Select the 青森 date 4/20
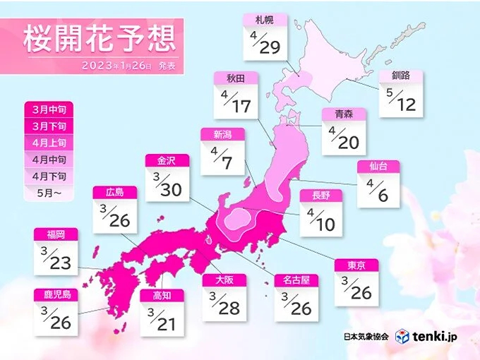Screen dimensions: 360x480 pyautogui.click(x=344, y=140)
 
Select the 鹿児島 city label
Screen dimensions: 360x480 pyautogui.click(x=55, y=295)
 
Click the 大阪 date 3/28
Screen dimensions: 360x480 pyautogui.click(x=224, y=306)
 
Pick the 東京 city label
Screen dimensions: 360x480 pyautogui.click(x=356, y=265)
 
